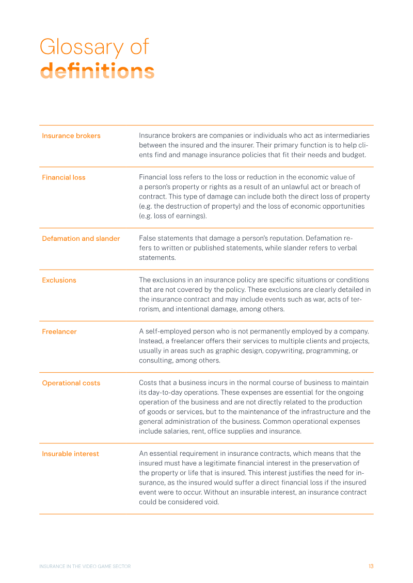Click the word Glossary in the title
tap(82, 48)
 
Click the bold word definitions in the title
tap(97, 71)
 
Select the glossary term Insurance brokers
tap(71, 136)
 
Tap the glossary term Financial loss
tap(63, 177)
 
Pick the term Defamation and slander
tap(81, 239)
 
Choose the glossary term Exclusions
tap(59, 280)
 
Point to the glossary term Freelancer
tap(59, 331)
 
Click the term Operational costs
tap(71, 383)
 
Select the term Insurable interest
tap(70, 454)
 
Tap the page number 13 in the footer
tap(371, 566)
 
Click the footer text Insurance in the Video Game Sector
tap(85, 566)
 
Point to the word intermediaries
tap(346, 136)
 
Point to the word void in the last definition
tap(210, 502)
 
